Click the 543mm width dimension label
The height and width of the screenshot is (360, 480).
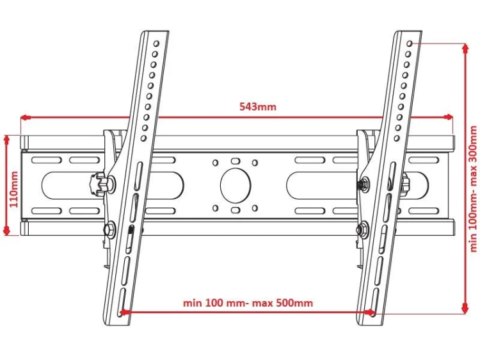tap(257, 106)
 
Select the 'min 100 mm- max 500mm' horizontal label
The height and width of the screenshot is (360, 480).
tap(248, 303)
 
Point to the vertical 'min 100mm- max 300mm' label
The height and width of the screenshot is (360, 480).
tap(473, 189)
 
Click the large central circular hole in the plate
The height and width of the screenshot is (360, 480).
tap(236, 185)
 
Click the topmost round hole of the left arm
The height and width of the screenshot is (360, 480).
tap(156, 43)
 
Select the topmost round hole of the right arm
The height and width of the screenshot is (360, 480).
tap(410, 44)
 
